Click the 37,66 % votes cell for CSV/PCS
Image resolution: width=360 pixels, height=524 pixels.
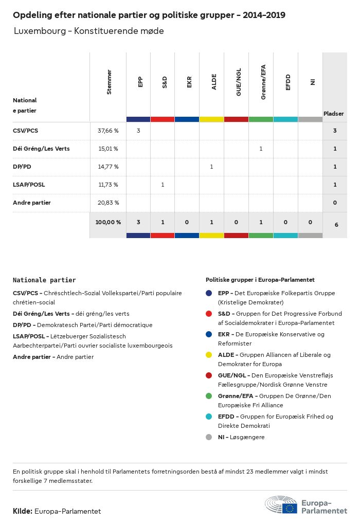108,131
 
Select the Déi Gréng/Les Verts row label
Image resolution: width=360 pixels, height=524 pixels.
41,149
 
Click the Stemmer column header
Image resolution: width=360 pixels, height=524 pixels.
109,82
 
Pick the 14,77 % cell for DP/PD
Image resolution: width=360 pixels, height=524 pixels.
108,167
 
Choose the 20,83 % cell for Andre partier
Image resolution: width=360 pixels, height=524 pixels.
108,203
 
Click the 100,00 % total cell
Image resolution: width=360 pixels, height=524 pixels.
108,222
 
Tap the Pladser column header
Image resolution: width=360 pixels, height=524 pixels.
334,113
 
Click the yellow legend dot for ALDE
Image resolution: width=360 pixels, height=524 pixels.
209,355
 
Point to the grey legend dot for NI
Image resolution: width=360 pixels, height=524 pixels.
209,437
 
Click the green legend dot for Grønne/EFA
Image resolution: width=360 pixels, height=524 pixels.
209,396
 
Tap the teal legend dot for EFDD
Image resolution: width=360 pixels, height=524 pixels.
209,417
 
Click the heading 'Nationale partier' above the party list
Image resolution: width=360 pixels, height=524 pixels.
44,280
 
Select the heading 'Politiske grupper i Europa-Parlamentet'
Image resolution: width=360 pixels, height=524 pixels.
260,280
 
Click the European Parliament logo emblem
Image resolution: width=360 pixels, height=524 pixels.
281,505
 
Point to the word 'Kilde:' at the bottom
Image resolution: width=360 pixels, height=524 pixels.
23,511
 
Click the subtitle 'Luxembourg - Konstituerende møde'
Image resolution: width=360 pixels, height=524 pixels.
88,31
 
